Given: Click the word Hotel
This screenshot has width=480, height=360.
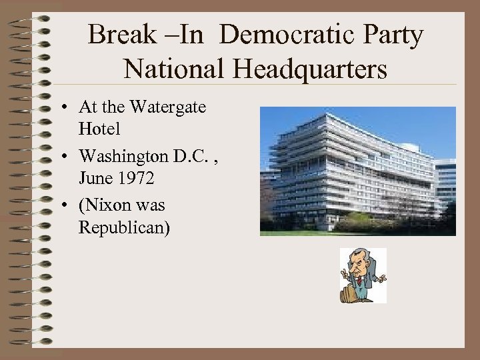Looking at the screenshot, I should (x=99, y=129).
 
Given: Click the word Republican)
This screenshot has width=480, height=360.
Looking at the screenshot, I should (x=124, y=228).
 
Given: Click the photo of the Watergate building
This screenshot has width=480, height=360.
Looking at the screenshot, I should (x=357, y=171).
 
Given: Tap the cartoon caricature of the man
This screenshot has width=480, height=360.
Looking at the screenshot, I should (x=363, y=275).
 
